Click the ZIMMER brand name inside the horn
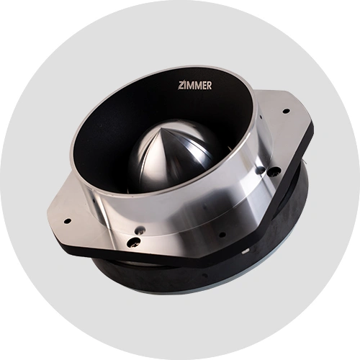coord(195,86)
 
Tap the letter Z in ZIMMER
coord(181,86)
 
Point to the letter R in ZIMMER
coord(210,86)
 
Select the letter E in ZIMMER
coord(204,86)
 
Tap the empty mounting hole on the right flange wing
coord(287,111)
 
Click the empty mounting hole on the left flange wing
coord(68,220)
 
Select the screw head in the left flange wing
coord(133,242)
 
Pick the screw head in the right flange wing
coord(274,171)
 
